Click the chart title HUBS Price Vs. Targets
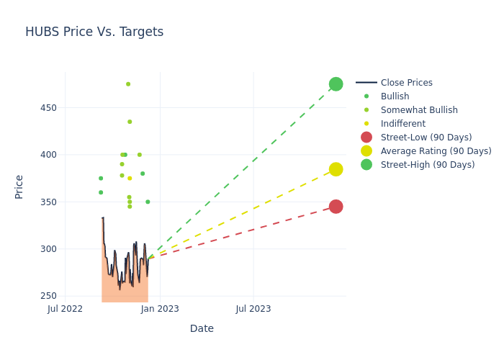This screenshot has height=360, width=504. click(94, 32)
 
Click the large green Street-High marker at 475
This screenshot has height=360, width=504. click(336, 84)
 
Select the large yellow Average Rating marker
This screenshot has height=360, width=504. click(336, 169)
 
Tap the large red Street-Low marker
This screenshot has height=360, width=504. click(336, 207)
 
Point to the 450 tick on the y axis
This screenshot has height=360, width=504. click(48, 108)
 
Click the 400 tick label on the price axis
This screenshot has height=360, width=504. click(48, 155)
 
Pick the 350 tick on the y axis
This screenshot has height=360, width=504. click(48, 202)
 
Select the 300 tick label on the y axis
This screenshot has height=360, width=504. click(48, 249)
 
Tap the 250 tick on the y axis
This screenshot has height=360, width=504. click(48, 296)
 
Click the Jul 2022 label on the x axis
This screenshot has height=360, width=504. click(66, 309)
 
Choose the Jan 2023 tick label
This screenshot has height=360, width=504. click(160, 309)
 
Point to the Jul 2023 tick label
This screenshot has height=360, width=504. click(253, 309)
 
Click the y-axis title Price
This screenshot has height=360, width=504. click(19, 186)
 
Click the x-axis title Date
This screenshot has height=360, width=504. click(202, 328)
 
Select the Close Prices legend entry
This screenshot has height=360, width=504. click(406, 83)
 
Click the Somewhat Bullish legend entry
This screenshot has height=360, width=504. click(419, 110)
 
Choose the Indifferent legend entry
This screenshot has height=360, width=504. click(402, 124)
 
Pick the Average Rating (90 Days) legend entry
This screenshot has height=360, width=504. click(436, 151)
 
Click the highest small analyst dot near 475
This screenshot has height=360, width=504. click(128, 84)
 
